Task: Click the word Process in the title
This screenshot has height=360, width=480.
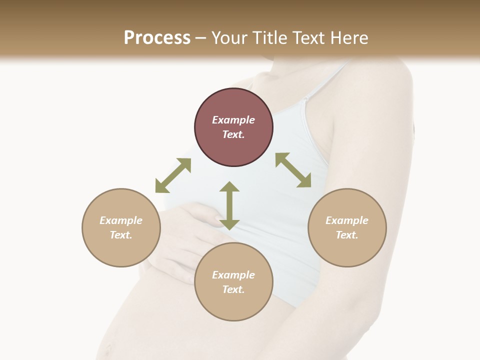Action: tap(157, 38)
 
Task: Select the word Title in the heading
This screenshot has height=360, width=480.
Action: tap(270, 38)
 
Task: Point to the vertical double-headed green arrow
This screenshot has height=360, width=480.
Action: tap(229, 205)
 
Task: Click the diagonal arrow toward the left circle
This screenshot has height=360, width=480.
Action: tap(173, 175)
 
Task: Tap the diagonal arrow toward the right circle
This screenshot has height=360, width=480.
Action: tap(293, 170)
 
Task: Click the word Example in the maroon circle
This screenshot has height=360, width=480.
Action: tap(233, 120)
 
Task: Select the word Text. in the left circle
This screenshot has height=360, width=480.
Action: tap(121, 235)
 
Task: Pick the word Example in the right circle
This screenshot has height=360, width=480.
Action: tap(347, 220)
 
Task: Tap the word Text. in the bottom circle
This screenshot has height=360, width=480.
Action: tap(233, 289)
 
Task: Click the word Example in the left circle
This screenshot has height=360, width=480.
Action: tap(121, 220)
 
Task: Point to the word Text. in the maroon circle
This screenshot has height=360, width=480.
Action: tap(233, 134)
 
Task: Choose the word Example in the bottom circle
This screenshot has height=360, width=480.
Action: tap(233, 275)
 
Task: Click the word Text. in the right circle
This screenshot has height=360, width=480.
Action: tap(347, 235)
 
